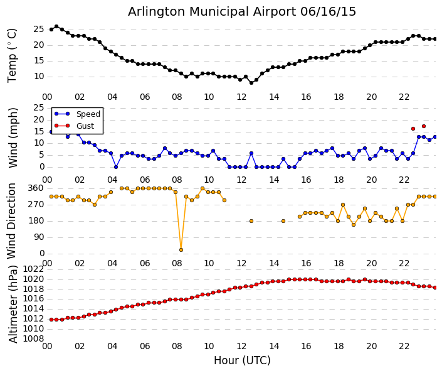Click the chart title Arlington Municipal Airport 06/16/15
pyautogui.click(x=242, y=11)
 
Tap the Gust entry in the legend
pyautogui.click(x=85, y=126)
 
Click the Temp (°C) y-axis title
pyautogui.click(x=13, y=55)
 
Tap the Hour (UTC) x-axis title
pyautogui.click(x=242, y=360)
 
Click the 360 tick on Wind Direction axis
pyautogui.click(x=35, y=188)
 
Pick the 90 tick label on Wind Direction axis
pyautogui.click(x=38, y=237)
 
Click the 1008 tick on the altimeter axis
pyautogui.click(x=33, y=338)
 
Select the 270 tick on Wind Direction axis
pyautogui.click(x=35, y=204)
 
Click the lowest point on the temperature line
pyautogui.click(x=251, y=83)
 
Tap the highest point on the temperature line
pyautogui.click(x=56, y=26)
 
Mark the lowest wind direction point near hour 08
pyautogui.click(x=181, y=250)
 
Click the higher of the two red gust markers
pyautogui.click(x=424, y=126)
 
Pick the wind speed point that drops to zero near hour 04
pyautogui.click(x=116, y=167)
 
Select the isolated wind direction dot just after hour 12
pyautogui.click(x=251, y=221)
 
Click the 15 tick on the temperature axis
pyautogui.click(x=38, y=60)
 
